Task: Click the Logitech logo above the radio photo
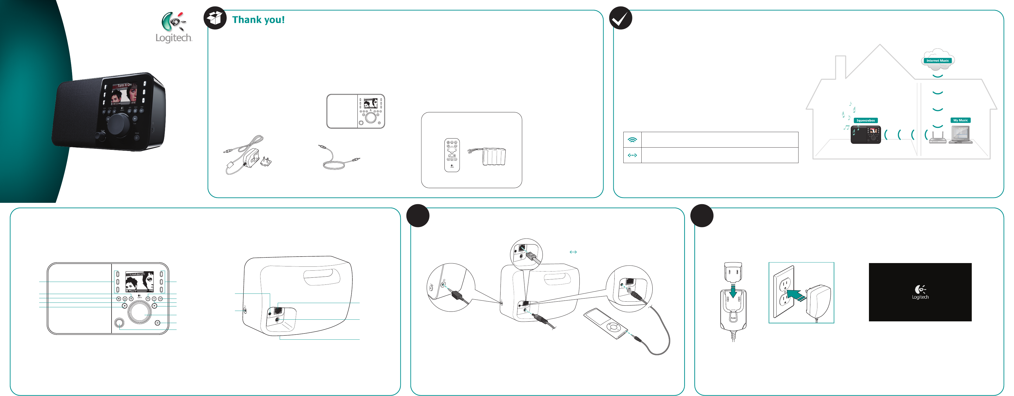(174, 28)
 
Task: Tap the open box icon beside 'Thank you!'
(215, 18)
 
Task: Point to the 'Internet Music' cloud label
(938, 61)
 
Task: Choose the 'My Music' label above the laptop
(960, 120)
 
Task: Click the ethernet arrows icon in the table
(632, 155)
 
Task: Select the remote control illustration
(452, 155)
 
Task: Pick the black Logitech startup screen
(920, 292)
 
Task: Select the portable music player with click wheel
(606, 323)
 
